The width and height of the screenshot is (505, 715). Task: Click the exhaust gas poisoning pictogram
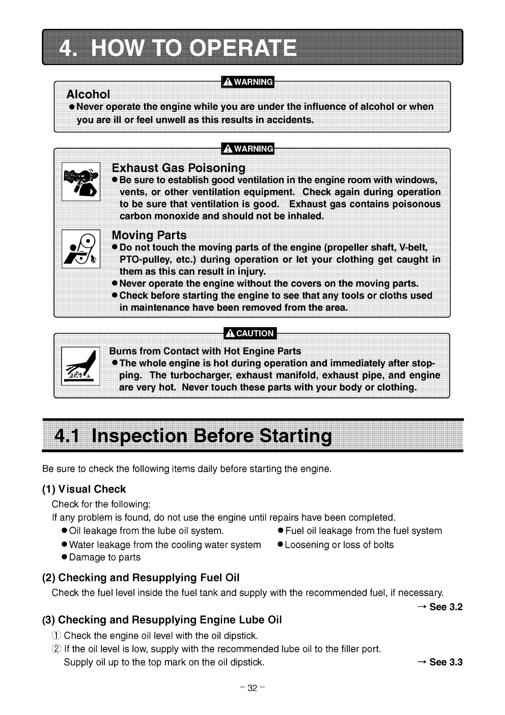pos(81,181)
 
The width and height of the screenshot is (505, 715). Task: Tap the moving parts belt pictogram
pos(81,249)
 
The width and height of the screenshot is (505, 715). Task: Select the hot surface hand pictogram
pos(81,366)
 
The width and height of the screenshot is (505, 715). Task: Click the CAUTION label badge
pos(249,333)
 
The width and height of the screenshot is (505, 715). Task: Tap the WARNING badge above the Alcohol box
pos(247,82)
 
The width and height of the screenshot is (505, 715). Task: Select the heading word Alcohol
pos(88,94)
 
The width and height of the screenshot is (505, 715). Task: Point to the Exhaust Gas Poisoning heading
pos(179,168)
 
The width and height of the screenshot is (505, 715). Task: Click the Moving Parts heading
pos(149,235)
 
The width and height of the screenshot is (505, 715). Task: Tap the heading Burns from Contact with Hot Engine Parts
pos(205,351)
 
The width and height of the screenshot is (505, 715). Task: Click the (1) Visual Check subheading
pos(84,489)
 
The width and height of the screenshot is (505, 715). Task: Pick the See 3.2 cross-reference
pos(440,607)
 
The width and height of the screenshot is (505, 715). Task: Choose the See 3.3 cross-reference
pos(440,662)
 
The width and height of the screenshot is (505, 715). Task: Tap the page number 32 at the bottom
pos(252,689)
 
